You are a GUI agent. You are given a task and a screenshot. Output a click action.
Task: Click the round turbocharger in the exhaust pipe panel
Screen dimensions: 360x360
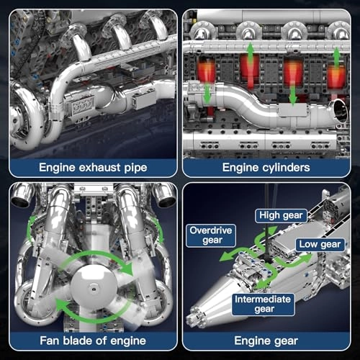point(28,127)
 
